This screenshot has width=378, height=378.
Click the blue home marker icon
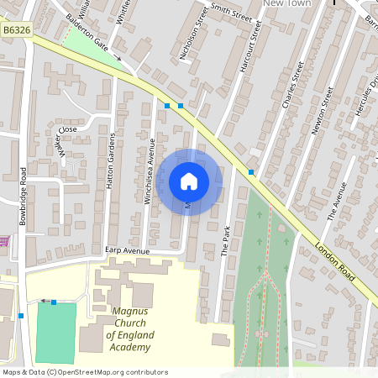pyautogui.click(x=189, y=181)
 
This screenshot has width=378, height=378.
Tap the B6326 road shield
pyautogui.click(x=17, y=29)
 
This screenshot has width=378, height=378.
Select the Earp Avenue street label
pyautogui.click(x=127, y=250)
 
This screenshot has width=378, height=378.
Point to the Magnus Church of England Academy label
pyautogui.click(x=129, y=328)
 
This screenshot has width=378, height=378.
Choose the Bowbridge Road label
pyautogui.click(x=24, y=194)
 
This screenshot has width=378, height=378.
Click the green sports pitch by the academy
pyautogui.click(x=55, y=332)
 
